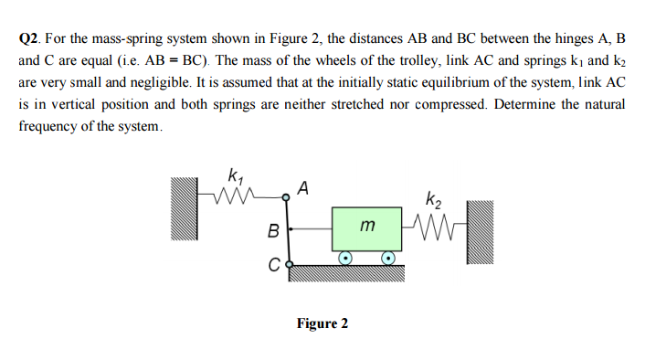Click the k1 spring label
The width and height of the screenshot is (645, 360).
click(x=236, y=175)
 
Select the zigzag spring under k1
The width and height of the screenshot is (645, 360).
click(x=237, y=195)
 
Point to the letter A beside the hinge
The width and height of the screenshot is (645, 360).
click(x=304, y=188)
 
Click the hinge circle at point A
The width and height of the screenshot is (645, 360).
click(x=290, y=194)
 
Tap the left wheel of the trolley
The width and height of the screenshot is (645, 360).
click(x=345, y=259)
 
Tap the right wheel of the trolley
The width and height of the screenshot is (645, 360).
click(x=389, y=259)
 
